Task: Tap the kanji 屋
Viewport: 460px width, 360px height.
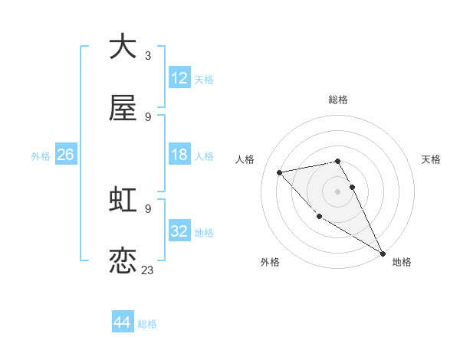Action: click(x=123, y=110)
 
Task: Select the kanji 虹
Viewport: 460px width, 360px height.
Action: click(x=123, y=200)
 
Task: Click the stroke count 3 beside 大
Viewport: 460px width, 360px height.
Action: click(x=148, y=55)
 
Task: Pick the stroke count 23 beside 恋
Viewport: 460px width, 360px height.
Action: click(x=148, y=270)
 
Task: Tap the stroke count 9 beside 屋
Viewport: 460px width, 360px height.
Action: click(x=148, y=117)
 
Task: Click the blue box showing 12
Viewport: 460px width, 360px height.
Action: click(x=179, y=77)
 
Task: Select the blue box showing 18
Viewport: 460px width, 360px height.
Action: click(x=179, y=155)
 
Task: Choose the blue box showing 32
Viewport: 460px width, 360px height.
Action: click(x=179, y=231)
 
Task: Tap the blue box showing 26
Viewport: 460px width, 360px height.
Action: click(x=65, y=155)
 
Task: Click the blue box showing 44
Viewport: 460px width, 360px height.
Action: click(x=123, y=322)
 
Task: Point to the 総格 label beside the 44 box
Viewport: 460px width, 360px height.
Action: click(x=147, y=324)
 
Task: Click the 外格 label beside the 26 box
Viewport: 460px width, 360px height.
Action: click(x=41, y=156)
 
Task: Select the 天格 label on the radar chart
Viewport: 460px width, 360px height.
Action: click(x=431, y=159)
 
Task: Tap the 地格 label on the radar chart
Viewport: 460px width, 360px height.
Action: click(x=402, y=262)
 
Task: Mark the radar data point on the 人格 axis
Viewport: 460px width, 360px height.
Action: click(x=280, y=172)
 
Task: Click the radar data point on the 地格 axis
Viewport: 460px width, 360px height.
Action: click(x=383, y=254)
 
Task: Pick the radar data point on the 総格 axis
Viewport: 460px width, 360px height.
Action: click(x=338, y=161)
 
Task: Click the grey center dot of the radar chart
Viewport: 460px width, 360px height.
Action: click(x=338, y=191)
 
